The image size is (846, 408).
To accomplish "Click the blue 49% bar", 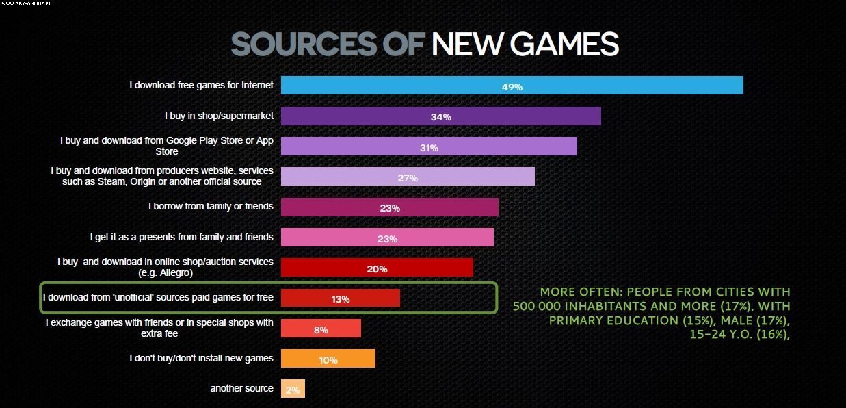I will pos(512,86).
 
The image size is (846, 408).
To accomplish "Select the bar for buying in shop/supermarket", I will pos(440,116).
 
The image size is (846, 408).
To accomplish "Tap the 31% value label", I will pos(429,147).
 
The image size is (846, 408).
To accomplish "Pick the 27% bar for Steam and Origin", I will pos(408,177).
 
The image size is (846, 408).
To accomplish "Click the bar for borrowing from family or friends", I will pos(389,207).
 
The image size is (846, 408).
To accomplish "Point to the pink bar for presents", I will pos(387,238).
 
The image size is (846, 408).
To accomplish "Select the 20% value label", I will pos(377,268).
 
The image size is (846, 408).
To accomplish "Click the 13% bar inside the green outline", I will pos(340,298).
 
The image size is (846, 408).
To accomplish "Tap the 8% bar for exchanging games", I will pos(321,329).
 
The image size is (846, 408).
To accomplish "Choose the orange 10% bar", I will pos(328,359).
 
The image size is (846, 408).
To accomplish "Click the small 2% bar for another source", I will pos(293,389).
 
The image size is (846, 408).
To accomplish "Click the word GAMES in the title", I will pos(564,44).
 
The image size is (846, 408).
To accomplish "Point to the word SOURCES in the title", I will pos(304,44).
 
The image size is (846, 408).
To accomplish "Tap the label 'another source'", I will pos(241,388).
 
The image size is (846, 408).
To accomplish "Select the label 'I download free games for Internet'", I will pos(201,85).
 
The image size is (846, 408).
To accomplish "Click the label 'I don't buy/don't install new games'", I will pos(201,358).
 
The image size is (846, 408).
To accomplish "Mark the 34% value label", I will pos(440,117).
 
